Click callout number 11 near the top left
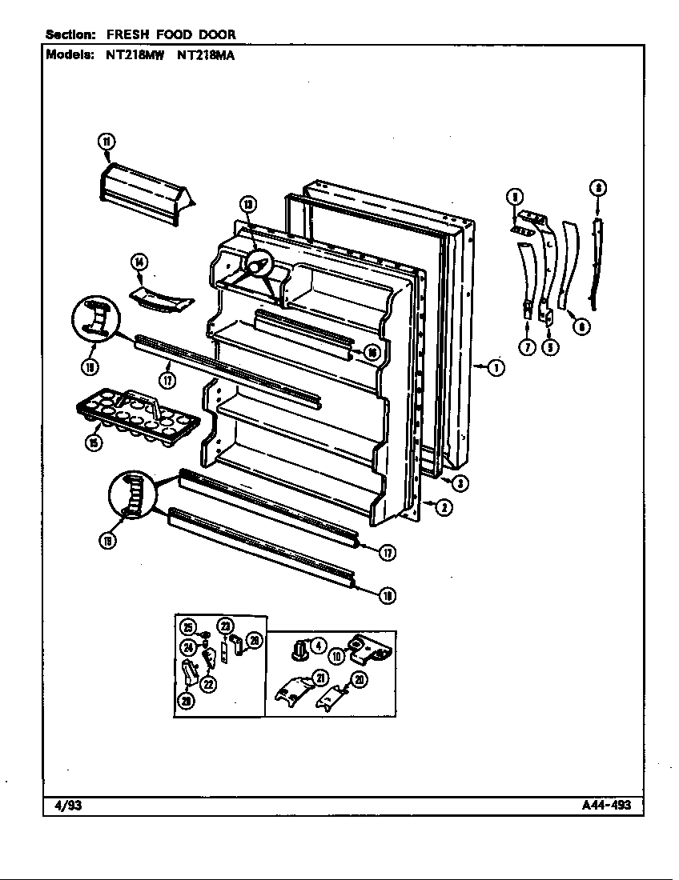106,142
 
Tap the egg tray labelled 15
136,412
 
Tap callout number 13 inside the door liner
249,205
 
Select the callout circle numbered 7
526,346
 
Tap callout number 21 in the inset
319,678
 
